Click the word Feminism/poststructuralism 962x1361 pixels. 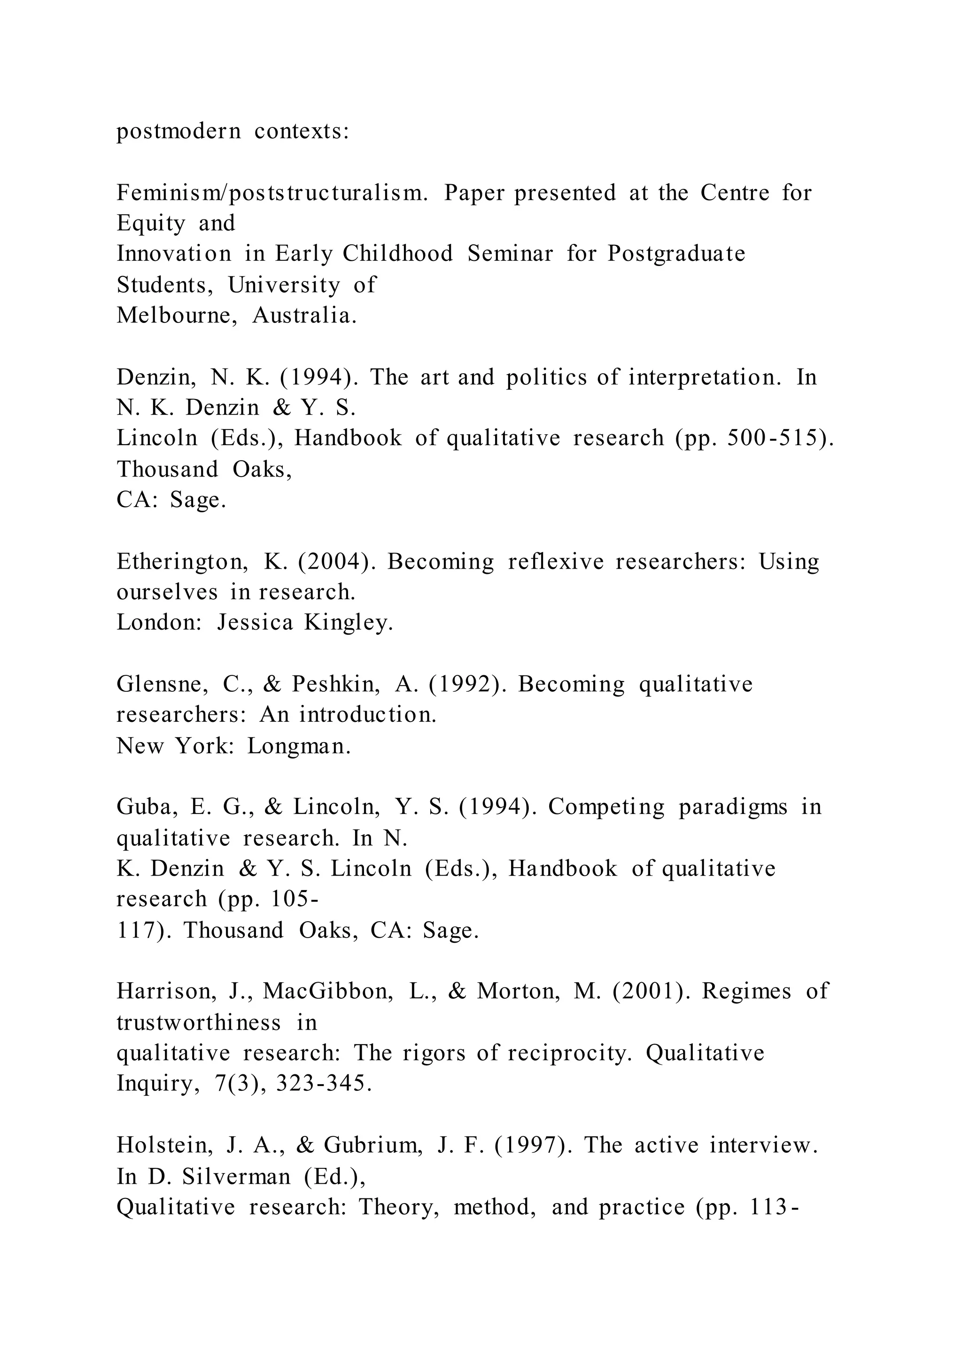[x=272, y=193]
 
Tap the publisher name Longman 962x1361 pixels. [x=299, y=746]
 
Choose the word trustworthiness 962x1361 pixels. [x=198, y=1023]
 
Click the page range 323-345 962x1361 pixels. [x=324, y=1084]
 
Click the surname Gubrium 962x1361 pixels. [x=373, y=1146]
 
